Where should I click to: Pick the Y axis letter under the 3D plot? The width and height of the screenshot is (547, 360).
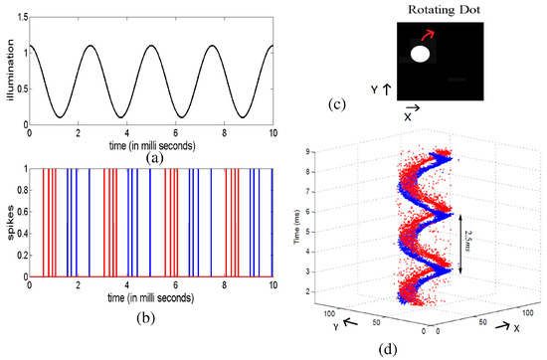[x=336, y=323]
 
